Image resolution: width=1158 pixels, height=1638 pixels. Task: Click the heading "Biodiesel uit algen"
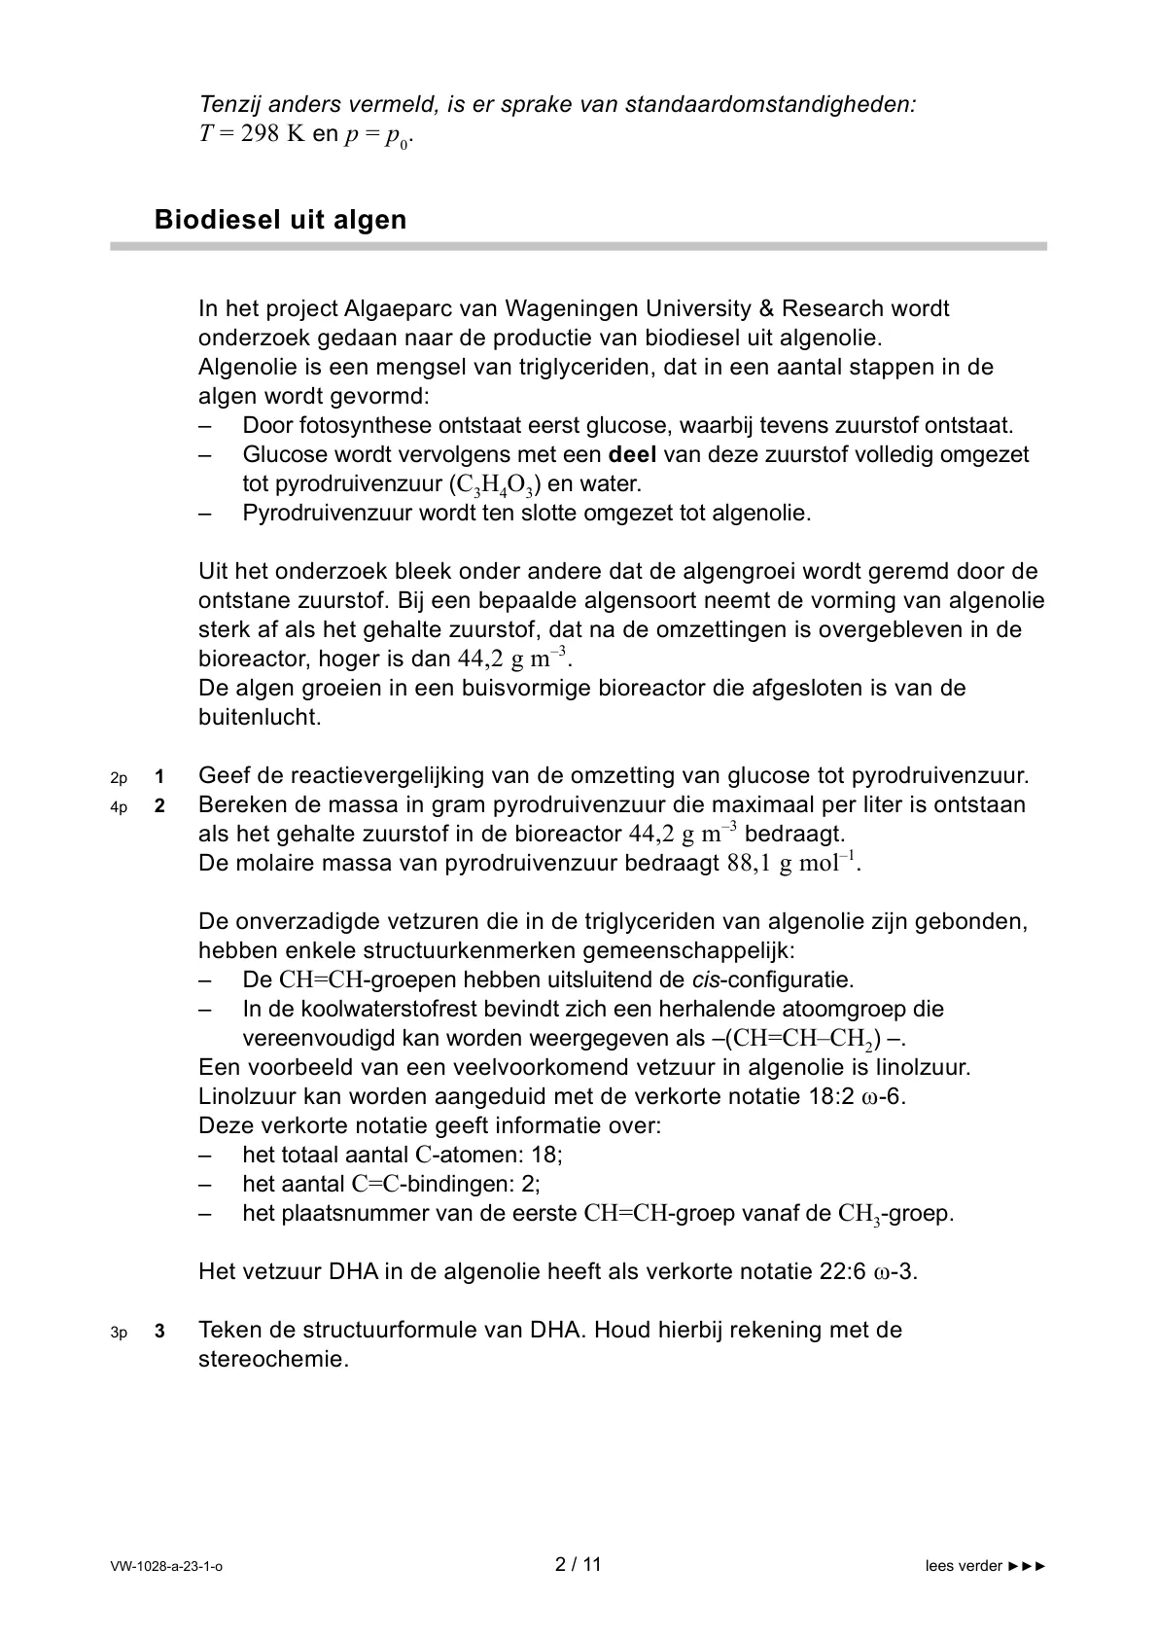tap(280, 220)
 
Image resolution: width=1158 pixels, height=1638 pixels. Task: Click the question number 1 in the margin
tap(159, 777)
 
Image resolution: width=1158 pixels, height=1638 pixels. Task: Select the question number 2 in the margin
tap(159, 806)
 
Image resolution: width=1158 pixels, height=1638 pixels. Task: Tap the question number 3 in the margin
tap(159, 1332)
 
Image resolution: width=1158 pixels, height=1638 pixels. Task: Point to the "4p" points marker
tap(119, 807)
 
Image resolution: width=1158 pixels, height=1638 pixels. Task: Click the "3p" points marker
tap(119, 1333)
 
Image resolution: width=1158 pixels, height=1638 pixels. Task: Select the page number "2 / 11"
tap(579, 1565)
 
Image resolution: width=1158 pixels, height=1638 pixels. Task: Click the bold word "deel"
tap(633, 454)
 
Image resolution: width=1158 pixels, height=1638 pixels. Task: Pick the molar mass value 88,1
tap(749, 864)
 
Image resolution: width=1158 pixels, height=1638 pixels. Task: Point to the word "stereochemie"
tap(273, 1359)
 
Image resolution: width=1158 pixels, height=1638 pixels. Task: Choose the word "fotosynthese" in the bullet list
tap(371, 425)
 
